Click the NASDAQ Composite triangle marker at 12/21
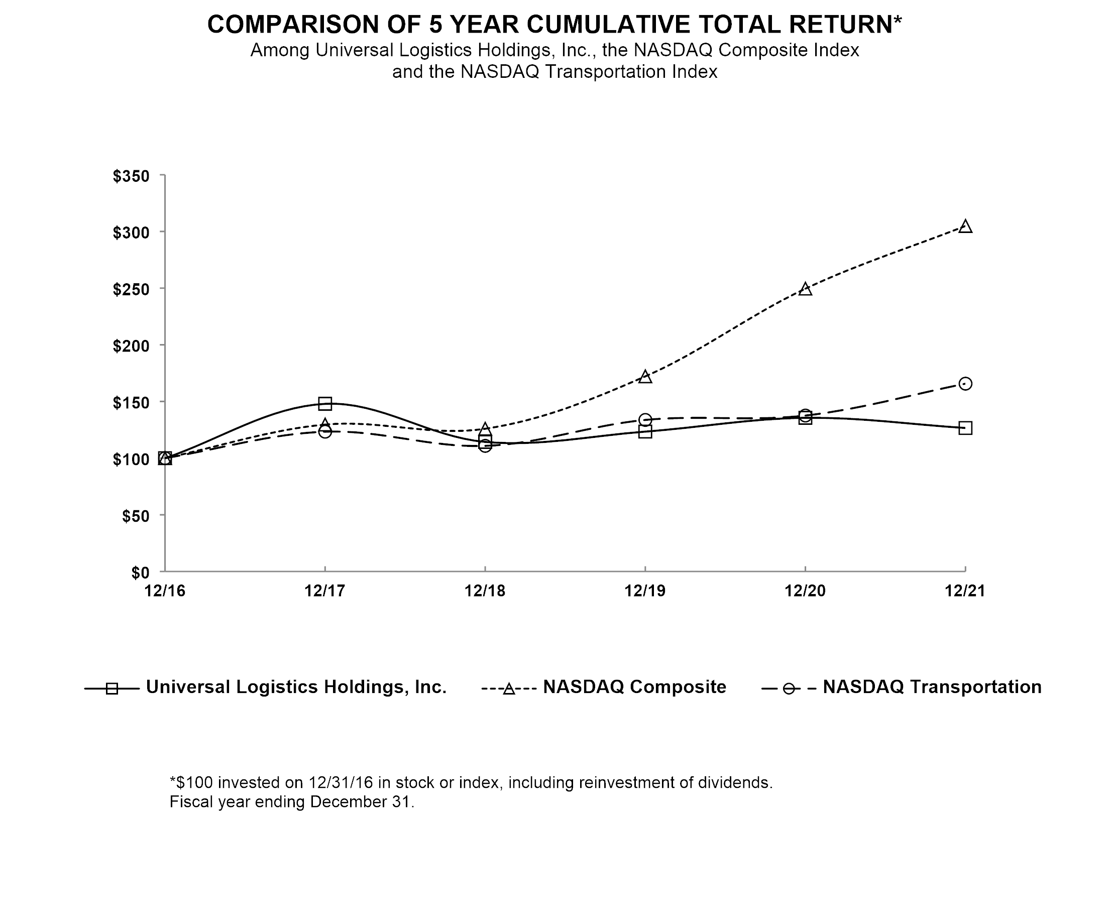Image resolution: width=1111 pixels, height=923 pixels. (965, 226)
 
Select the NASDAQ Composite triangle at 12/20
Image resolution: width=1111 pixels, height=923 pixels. (805, 289)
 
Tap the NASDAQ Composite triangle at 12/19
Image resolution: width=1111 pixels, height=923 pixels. (645, 377)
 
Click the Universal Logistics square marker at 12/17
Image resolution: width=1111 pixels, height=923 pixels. (325, 404)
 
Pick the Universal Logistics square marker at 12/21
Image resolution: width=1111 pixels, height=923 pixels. (965, 428)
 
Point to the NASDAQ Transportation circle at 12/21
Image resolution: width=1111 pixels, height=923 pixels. (965, 384)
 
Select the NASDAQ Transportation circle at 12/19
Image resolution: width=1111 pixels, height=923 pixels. (645, 420)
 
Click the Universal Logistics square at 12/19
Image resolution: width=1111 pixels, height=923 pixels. (645, 431)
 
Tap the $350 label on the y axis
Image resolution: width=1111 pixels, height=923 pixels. (131, 176)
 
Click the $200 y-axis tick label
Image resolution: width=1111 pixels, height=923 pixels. (131, 346)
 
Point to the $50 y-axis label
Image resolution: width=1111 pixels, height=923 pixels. (136, 516)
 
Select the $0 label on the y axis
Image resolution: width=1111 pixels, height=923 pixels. (141, 572)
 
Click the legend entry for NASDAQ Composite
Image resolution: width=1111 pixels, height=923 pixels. (604, 687)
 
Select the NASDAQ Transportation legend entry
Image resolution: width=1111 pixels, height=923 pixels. (902, 687)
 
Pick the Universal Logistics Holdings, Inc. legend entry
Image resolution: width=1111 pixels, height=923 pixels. (266, 687)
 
